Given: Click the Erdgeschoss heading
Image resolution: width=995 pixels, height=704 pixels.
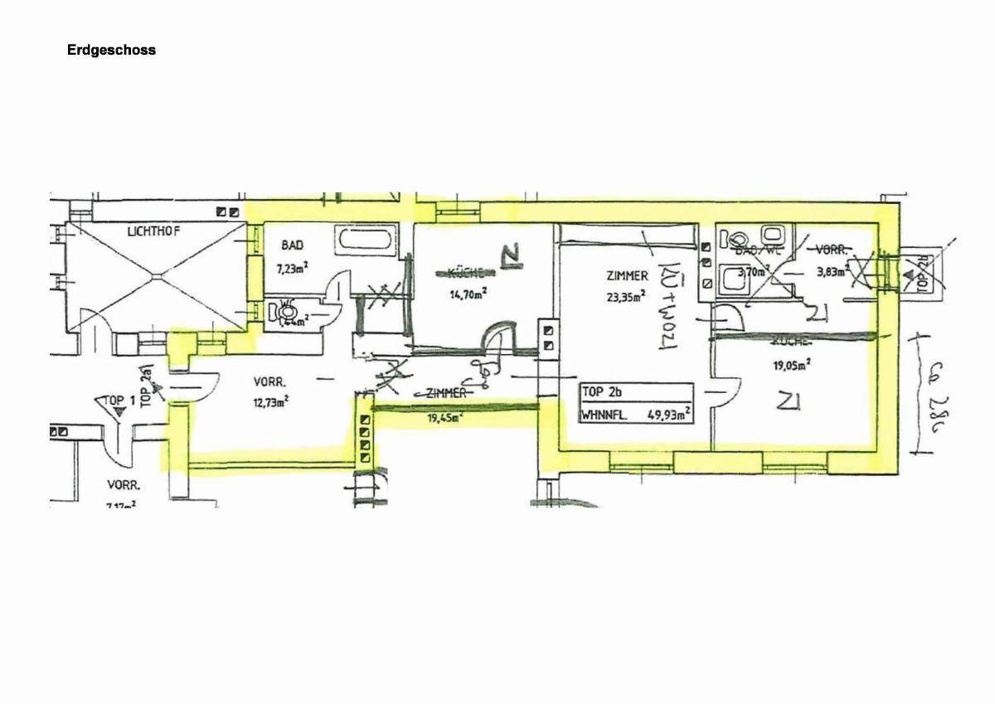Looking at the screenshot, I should [111, 50].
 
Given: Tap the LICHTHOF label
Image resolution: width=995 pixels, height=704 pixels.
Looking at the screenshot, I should [153, 231].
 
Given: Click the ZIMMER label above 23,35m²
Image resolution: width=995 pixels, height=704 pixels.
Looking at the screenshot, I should [627, 276].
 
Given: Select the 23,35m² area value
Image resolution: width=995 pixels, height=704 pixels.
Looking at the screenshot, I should [627, 299].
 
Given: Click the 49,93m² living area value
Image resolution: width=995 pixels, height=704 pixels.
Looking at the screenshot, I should [670, 415].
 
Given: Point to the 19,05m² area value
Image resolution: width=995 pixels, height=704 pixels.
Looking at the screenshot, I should [791, 362].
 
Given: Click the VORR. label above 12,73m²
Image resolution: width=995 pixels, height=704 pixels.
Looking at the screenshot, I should [270, 383].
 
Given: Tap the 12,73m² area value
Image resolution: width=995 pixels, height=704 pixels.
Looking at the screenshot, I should [270, 403].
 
